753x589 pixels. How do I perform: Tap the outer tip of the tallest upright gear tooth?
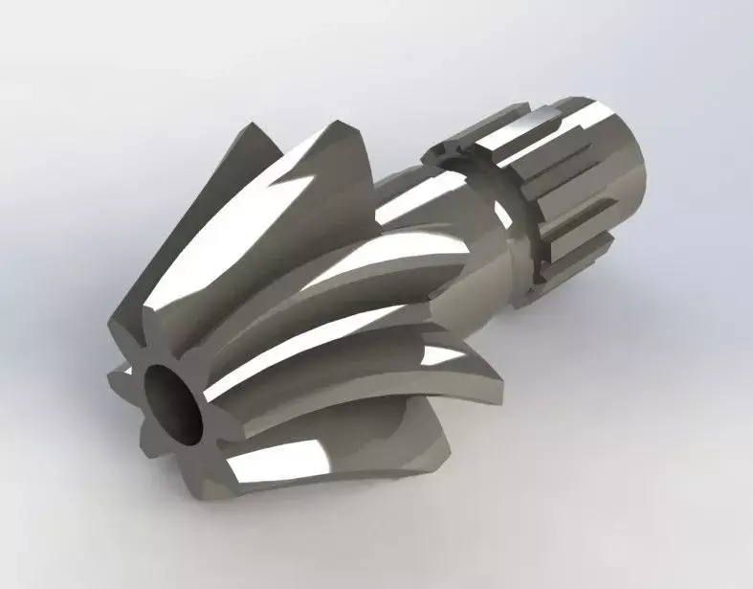pos(251,127)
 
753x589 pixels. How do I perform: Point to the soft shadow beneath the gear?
pos(383,498)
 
